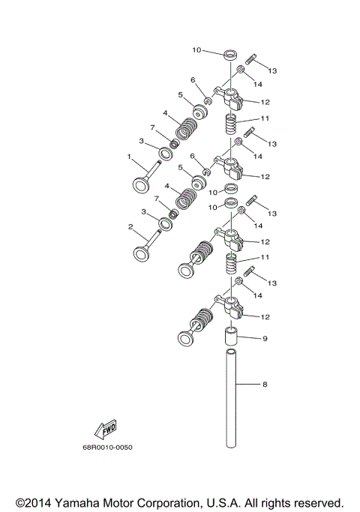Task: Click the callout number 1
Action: [130, 157]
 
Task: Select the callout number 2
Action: [130, 226]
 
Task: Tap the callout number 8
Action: [264, 385]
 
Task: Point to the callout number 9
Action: [264, 338]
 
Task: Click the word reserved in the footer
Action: [318, 502]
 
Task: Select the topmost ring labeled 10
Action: [232, 54]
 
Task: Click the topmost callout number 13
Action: [272, 70]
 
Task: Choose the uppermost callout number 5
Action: [181, 95]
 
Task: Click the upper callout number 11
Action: [264, 119]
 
